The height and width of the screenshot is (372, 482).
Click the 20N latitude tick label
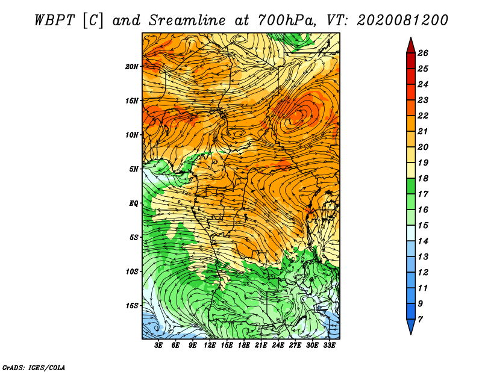point(132,66)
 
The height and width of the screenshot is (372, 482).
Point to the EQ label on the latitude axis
point(134,203)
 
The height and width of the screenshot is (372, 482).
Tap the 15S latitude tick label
point(132,306)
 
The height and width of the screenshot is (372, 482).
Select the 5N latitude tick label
point(134,169)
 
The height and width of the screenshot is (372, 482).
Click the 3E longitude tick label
point(158,346)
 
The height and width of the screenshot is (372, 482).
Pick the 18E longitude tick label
point(244,346)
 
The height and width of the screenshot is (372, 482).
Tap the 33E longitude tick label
point(329,346)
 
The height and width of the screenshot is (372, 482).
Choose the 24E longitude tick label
point(278,346)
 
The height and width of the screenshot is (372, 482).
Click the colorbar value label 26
point(423,53)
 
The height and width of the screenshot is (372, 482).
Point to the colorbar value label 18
point(423,178)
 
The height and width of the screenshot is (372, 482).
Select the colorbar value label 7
point(420,320)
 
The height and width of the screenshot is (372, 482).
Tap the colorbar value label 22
point(423,116)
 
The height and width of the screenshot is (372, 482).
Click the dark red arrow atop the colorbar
point(411,46)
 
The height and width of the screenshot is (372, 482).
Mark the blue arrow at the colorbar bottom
point(411,327)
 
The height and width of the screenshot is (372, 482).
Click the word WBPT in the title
point(54,20)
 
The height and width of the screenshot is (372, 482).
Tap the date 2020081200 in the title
point(402,20)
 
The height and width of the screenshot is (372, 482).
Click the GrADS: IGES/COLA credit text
point(34,368)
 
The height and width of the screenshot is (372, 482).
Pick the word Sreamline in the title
point(187,20)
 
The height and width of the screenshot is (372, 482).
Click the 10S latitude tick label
point(132,271)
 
